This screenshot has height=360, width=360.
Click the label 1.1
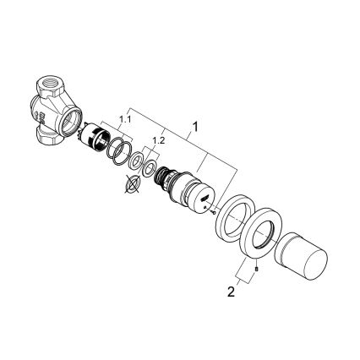[125, 120]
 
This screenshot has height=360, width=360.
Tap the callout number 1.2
[158, 140]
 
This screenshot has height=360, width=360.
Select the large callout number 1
[195, 127]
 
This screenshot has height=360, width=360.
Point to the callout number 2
[232, 292]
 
